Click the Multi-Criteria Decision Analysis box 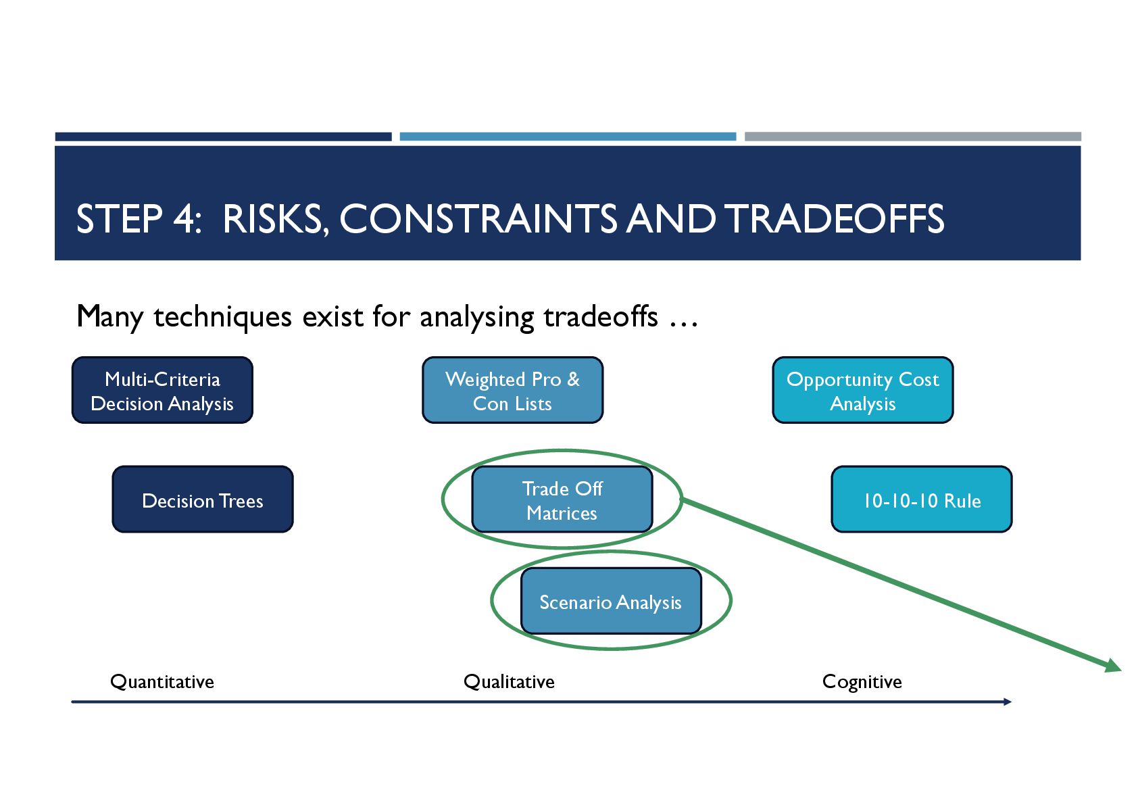tap(162, 391)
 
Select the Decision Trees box tap(203, 499)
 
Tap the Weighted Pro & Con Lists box tap(512, 391)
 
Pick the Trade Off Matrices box tap(562, 499)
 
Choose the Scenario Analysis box tap(611, 601)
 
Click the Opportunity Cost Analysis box tap(862, 391)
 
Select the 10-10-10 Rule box tap(921, 499)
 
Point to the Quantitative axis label tap(162, 681)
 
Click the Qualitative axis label tap(509, 681)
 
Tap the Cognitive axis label tap(862, 681)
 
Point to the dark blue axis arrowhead tap(1008, 702)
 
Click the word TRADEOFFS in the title tap(835, 219)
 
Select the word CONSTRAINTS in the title tap(478, 219)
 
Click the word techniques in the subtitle tap(223, 316)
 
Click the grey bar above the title tap(912, 137)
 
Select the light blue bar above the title tap(568, 137)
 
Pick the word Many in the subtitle tap(109, 316)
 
